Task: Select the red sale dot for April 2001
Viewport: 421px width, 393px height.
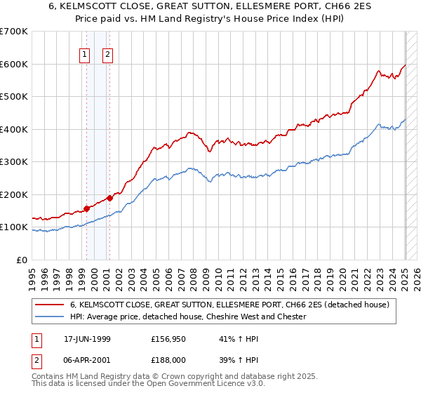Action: (109, 198)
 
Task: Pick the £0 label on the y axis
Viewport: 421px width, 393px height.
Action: (22, 260)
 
